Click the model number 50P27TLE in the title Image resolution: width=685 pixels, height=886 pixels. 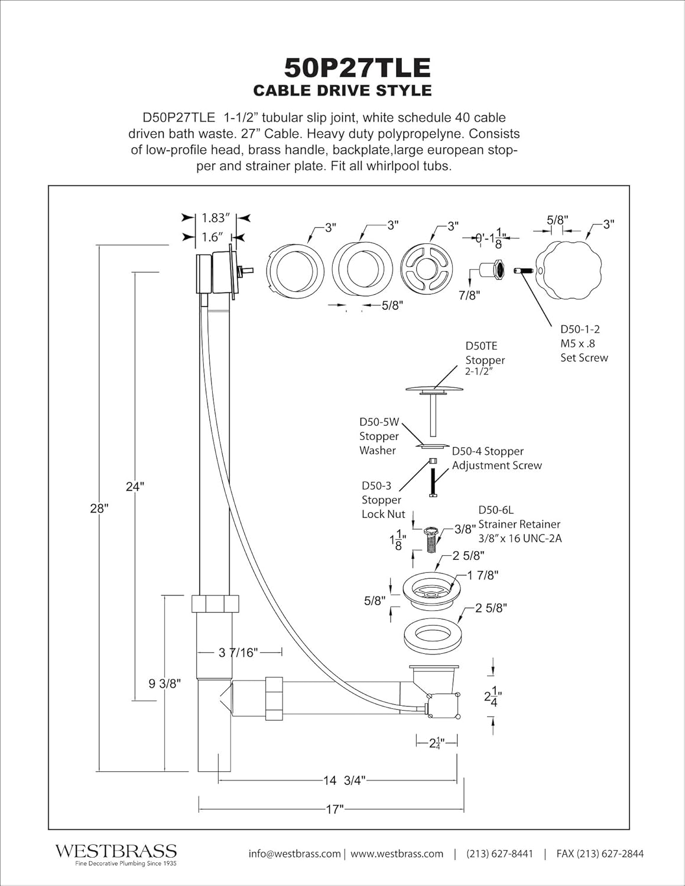coord(358,68)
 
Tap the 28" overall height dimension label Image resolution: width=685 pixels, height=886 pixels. coord(99,509)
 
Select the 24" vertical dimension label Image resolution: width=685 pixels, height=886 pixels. coord(135,487)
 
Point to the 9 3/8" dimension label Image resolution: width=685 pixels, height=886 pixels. coord(165,683)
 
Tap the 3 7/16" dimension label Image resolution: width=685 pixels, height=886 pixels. coord(238,652)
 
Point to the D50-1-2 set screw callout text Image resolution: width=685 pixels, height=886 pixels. coord(584,343)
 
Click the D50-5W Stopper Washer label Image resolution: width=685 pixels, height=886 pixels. coord(379,436)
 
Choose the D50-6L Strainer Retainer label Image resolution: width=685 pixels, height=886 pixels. coord(520,524)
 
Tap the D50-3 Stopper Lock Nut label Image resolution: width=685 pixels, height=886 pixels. coord(383,500)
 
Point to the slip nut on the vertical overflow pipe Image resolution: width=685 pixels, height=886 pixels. coord(215,603)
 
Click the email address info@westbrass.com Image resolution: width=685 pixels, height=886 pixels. coord(294,854)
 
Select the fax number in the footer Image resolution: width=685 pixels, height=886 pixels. coord(600,854)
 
